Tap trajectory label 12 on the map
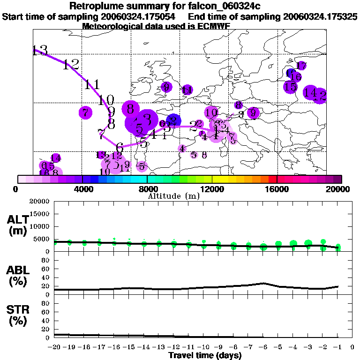[x=71, y=65]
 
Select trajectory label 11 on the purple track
[x=92, y=85]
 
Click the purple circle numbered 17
[x=301, y=66]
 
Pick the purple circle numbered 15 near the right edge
[x=290, y=86]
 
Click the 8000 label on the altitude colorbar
[x=147, y=189]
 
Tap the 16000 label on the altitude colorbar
[x=277, y=189]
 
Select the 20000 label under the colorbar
[x=341, y=189]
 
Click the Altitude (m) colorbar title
[x=174, y=196]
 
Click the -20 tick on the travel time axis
[x=55, y=347]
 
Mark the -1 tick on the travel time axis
[x=337, y=347]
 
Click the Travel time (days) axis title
[x=205, y=355]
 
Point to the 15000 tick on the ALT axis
[x=41, y=214]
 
